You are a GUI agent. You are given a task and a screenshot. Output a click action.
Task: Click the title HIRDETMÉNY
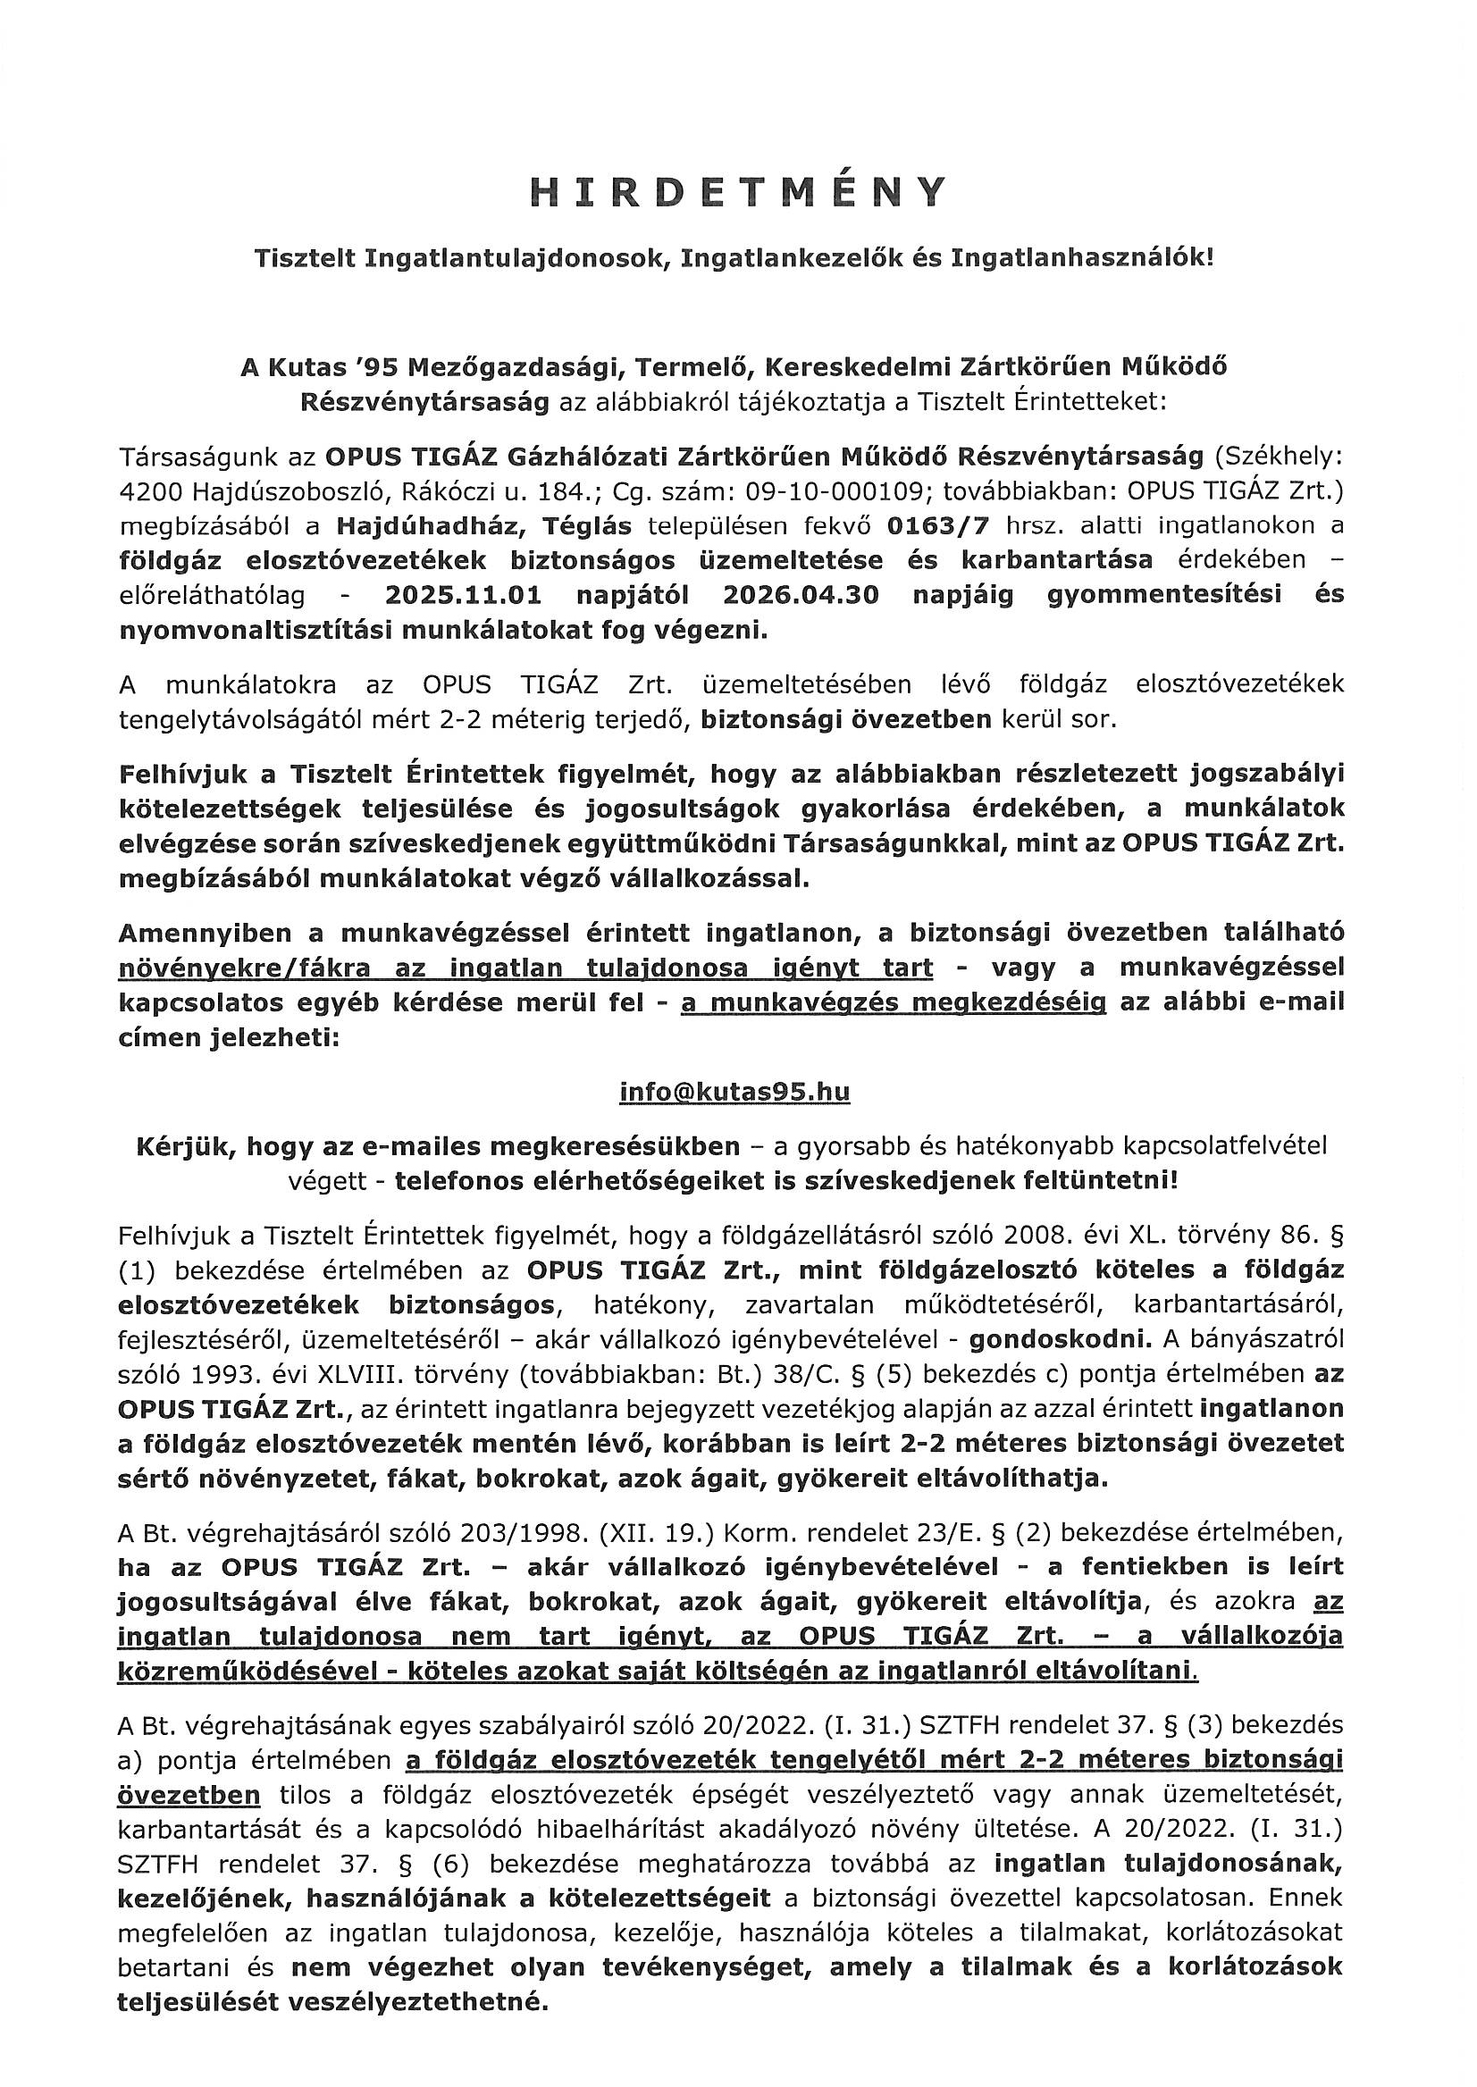click(x=738, y=193)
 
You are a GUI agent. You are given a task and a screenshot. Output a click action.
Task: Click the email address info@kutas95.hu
click(x=734, y=1091)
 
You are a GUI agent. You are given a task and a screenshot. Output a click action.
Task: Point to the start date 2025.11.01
click(x=464, y=596)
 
